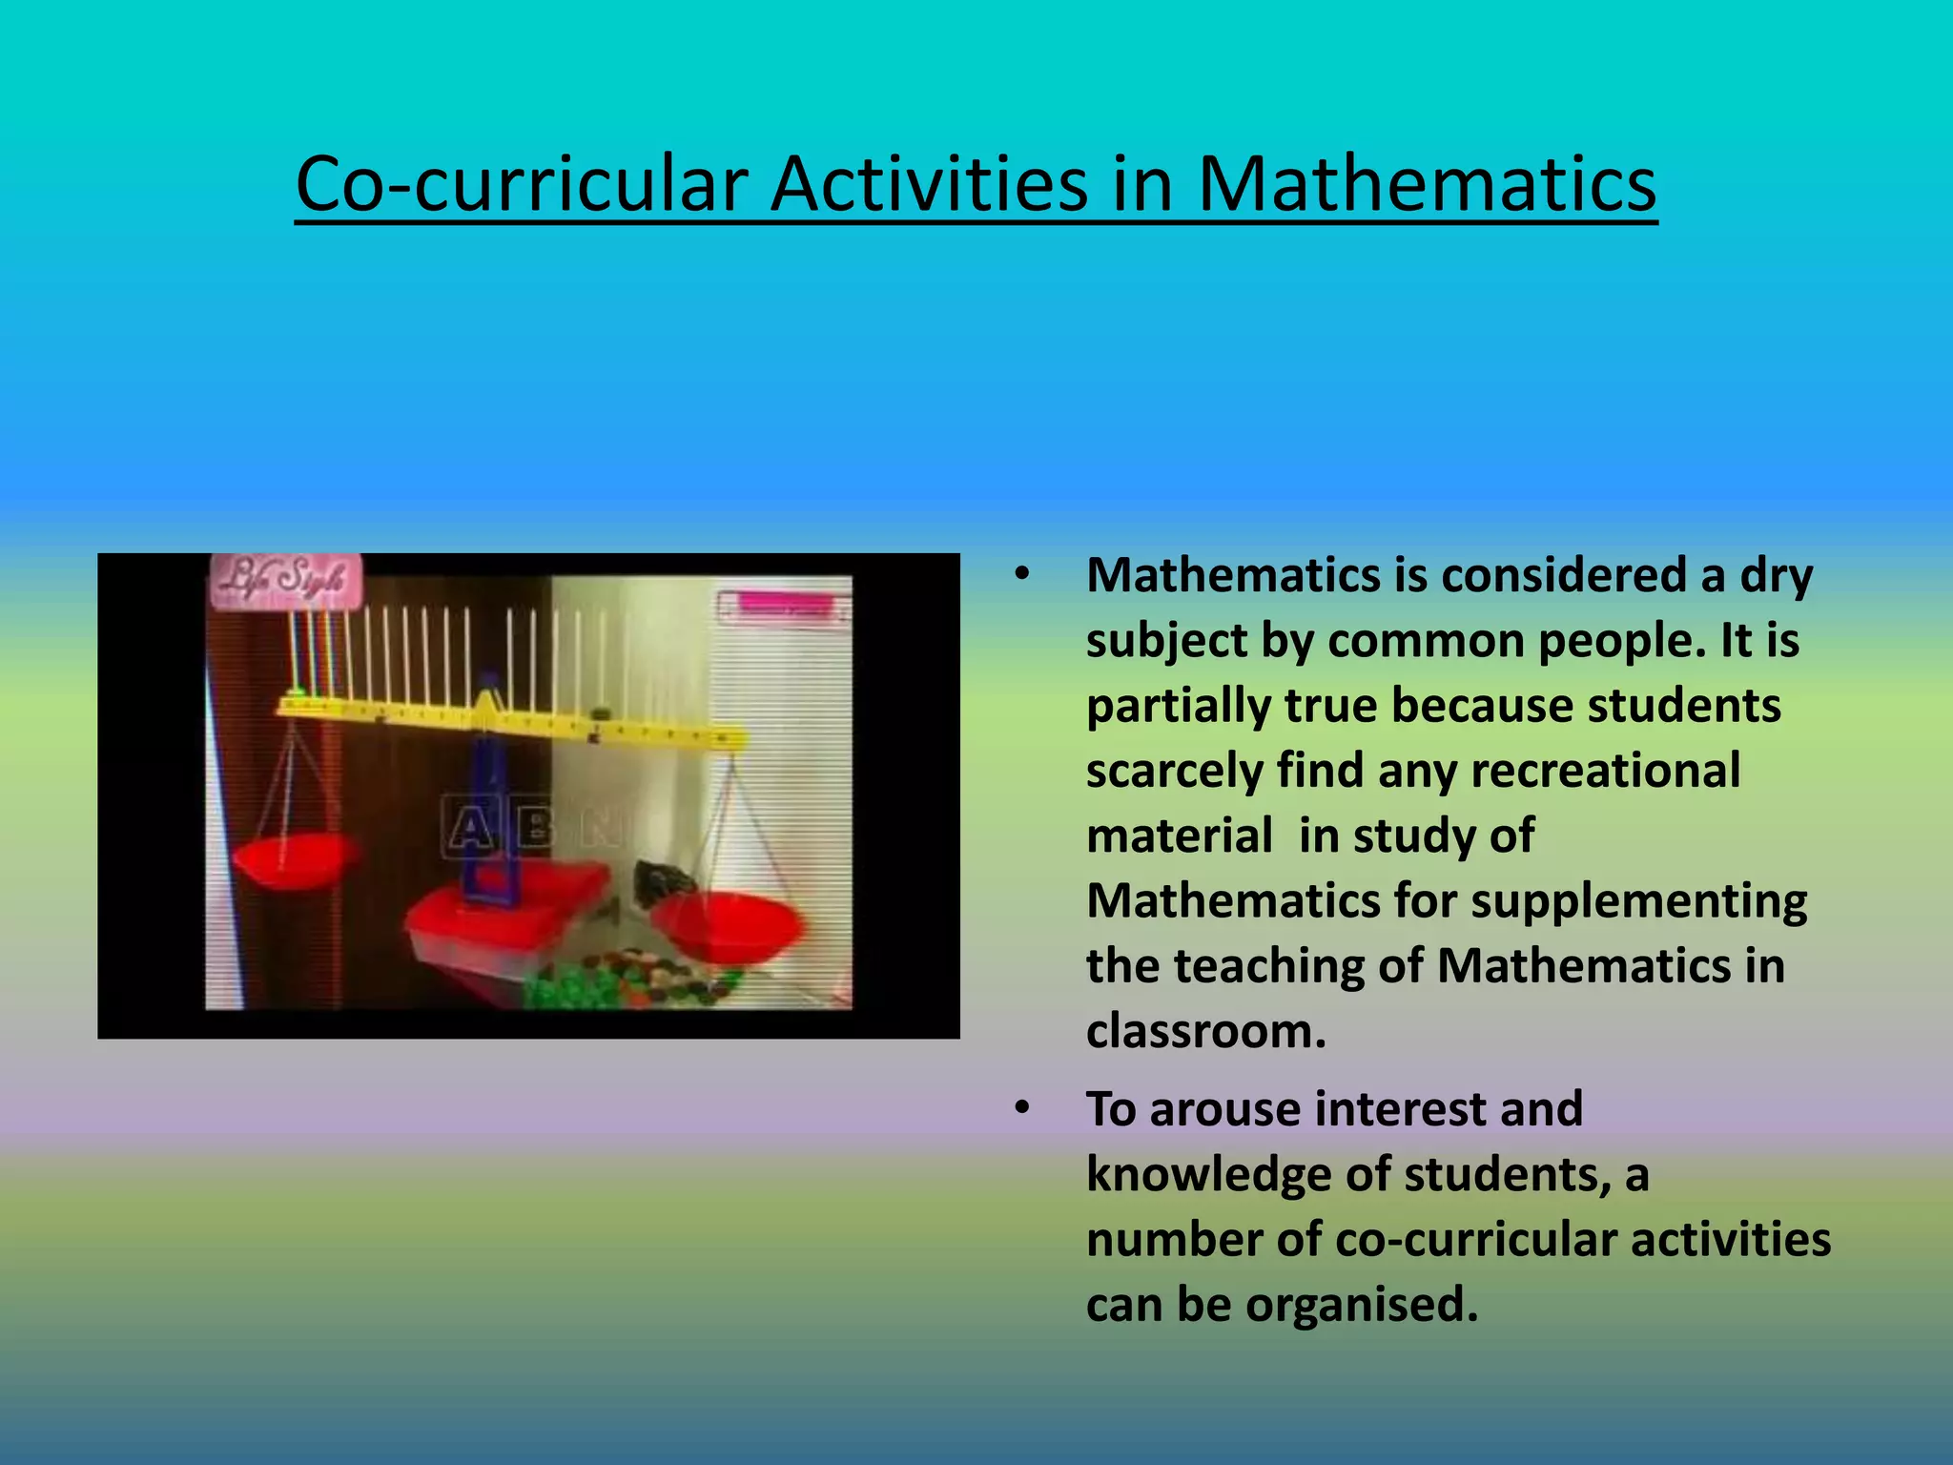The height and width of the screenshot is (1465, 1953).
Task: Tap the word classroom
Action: pos(1205,1031)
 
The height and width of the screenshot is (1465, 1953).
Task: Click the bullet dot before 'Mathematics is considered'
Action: pos(1023,575)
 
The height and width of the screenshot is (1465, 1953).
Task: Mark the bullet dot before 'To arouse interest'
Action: pos(1023,1108)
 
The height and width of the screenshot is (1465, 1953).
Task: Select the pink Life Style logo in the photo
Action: pos(285,579)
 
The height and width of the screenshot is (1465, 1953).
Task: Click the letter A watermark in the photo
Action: pos(470,826)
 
